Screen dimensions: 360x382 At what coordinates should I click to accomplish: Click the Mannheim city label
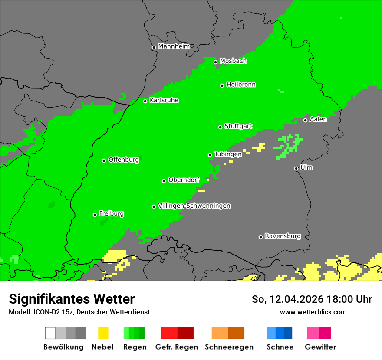(174, 46)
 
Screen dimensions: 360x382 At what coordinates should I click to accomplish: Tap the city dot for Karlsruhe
(145, 101)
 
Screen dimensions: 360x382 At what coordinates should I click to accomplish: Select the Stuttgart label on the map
(238, 126)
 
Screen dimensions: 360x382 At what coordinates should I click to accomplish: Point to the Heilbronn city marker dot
(222, 85)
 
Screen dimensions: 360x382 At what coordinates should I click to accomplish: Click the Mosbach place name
(233, 61)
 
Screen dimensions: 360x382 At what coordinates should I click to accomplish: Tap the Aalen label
(318, 119)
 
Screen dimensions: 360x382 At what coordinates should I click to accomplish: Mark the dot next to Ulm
(296, 168)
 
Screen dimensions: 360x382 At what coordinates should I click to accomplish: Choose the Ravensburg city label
(283, 236)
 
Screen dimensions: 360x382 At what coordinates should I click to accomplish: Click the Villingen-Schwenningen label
(194, 206)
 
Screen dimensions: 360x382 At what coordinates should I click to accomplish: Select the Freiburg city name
(111, 214)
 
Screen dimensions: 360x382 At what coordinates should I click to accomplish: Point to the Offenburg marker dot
(104, 160)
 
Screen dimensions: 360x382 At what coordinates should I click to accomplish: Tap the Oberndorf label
(184, 180)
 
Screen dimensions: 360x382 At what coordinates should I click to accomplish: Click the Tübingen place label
(228, 154)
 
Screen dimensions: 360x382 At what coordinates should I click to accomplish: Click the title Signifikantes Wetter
(72, 299)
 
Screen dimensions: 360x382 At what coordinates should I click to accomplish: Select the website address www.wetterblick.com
(313, 312)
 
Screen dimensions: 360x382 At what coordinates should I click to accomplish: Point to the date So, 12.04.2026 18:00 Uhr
(312, 299)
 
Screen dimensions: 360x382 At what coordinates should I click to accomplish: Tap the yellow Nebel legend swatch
(103, 333)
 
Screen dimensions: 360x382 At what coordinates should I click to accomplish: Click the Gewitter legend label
(320, 347)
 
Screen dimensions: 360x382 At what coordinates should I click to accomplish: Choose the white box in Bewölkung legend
(50, 333)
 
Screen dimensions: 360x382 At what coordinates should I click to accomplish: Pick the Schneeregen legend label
(229, 347)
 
